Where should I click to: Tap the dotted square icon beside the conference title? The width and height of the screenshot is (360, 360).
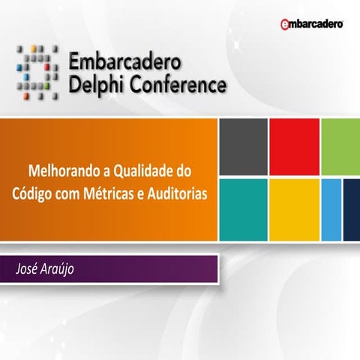36,72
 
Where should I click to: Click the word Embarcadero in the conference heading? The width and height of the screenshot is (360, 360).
125,61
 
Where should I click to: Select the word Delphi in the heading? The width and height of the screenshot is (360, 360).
93,85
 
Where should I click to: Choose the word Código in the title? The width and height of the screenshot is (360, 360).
32,192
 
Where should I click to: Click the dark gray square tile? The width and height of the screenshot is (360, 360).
243,146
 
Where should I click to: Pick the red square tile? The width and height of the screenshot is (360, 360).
294,146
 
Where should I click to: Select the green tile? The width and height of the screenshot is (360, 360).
341,146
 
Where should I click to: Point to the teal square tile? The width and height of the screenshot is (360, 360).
243,209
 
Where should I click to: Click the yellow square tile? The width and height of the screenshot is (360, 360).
294,209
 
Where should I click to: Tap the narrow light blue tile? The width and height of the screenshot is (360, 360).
331,209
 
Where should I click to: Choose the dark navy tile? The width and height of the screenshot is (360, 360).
352,209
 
